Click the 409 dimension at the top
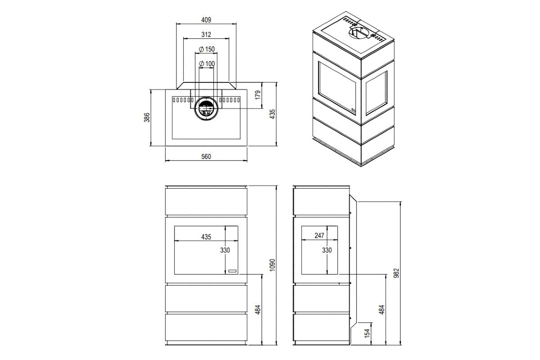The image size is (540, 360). click(206, 20)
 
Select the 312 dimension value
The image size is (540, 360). click(206, 34)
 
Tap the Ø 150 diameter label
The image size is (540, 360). click(206, 49)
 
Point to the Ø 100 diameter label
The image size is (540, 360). click(206, 63)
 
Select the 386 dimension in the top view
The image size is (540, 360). click(146, 117)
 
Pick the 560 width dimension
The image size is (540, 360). click(206, 157)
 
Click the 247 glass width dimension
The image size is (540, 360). click(319, 236)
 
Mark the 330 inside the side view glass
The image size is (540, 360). click(327, 250)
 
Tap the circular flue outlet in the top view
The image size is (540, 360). click(207, 108)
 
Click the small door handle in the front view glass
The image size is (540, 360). click(232, 271)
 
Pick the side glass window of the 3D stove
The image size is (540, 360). click(377, 94)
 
